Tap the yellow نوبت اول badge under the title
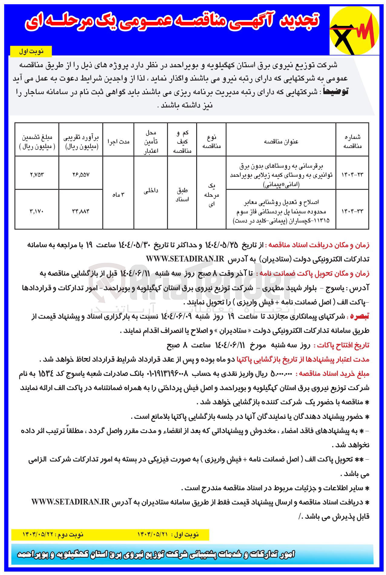[31, 51]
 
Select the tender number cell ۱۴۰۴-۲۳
[352, 175]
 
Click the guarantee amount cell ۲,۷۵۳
[37, 175]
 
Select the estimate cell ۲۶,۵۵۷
[81, 175]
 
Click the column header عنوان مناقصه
[281, 142]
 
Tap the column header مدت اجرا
[118, 142]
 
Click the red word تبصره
[359, 317]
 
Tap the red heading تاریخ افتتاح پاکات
[341, 345]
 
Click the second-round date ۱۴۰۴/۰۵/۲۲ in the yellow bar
[38, 535]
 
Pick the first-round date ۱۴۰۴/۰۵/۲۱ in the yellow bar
[153, 535]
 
